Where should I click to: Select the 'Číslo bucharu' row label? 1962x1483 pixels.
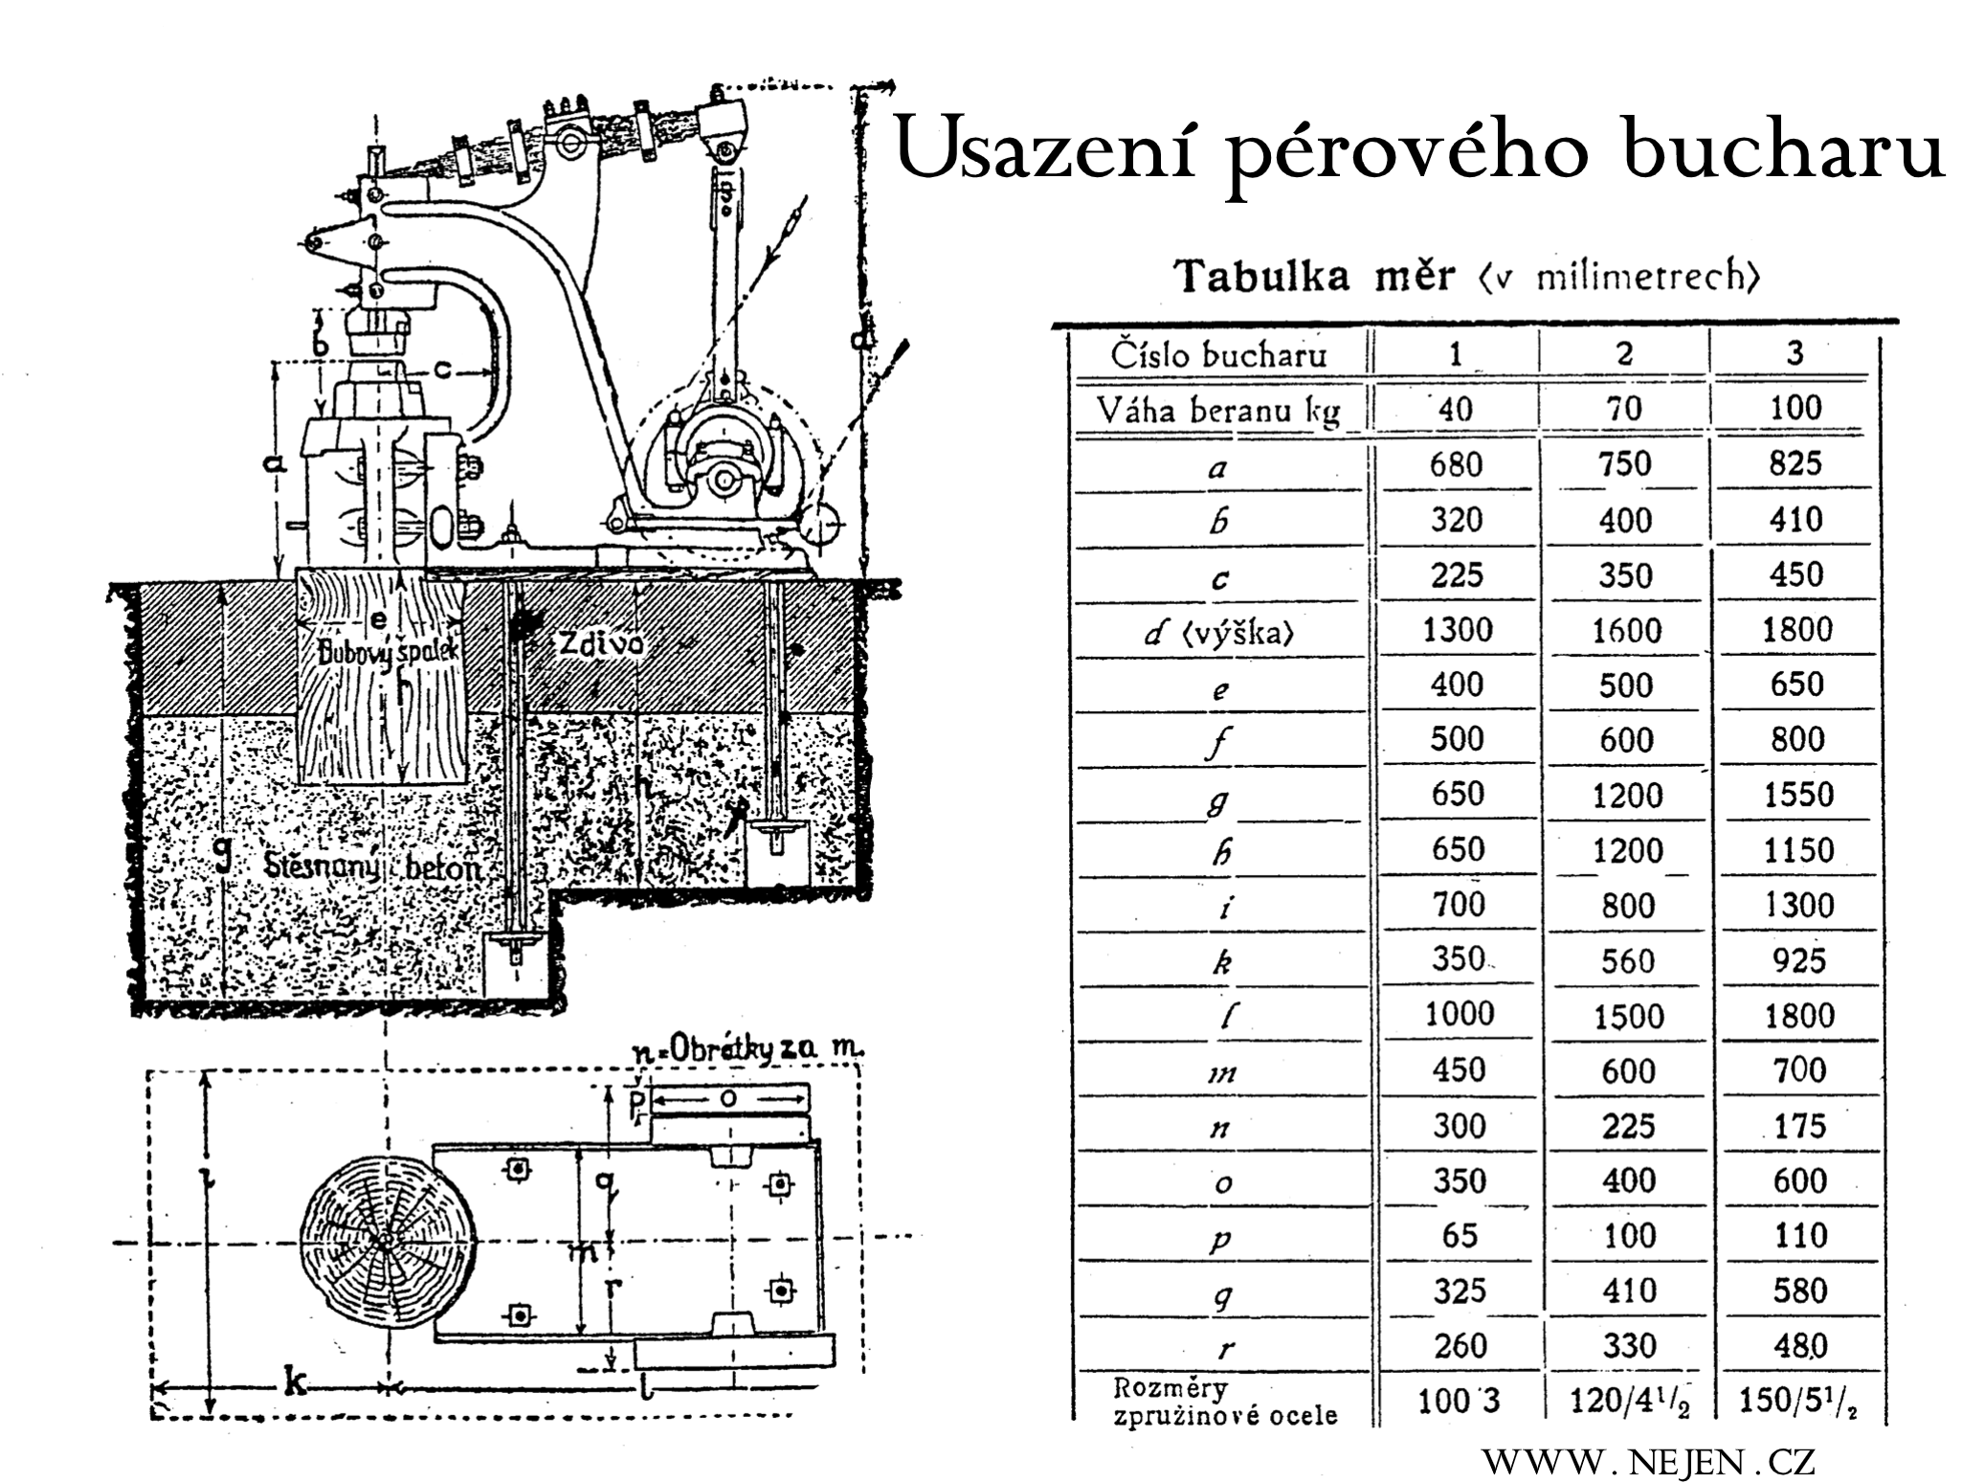coord(1218,356)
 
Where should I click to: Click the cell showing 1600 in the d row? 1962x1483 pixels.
coord(1626,631)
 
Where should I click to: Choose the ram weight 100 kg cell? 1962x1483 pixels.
coord(1795,409)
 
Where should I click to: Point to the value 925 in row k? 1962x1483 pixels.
coord(1798,961)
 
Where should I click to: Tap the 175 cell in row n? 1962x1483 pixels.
coord(1799,1127)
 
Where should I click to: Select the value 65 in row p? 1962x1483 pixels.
coord(1459,1236)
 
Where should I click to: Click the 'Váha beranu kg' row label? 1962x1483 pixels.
coord(1218,411)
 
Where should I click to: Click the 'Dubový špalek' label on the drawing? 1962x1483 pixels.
coord(389,654)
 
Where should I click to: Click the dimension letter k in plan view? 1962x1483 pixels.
coord(294,1382)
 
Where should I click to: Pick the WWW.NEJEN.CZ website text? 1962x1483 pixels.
coord(1648,1462)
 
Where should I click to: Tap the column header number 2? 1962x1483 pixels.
coord(1624,354)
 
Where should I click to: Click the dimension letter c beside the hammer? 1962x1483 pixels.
coord(441,369)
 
